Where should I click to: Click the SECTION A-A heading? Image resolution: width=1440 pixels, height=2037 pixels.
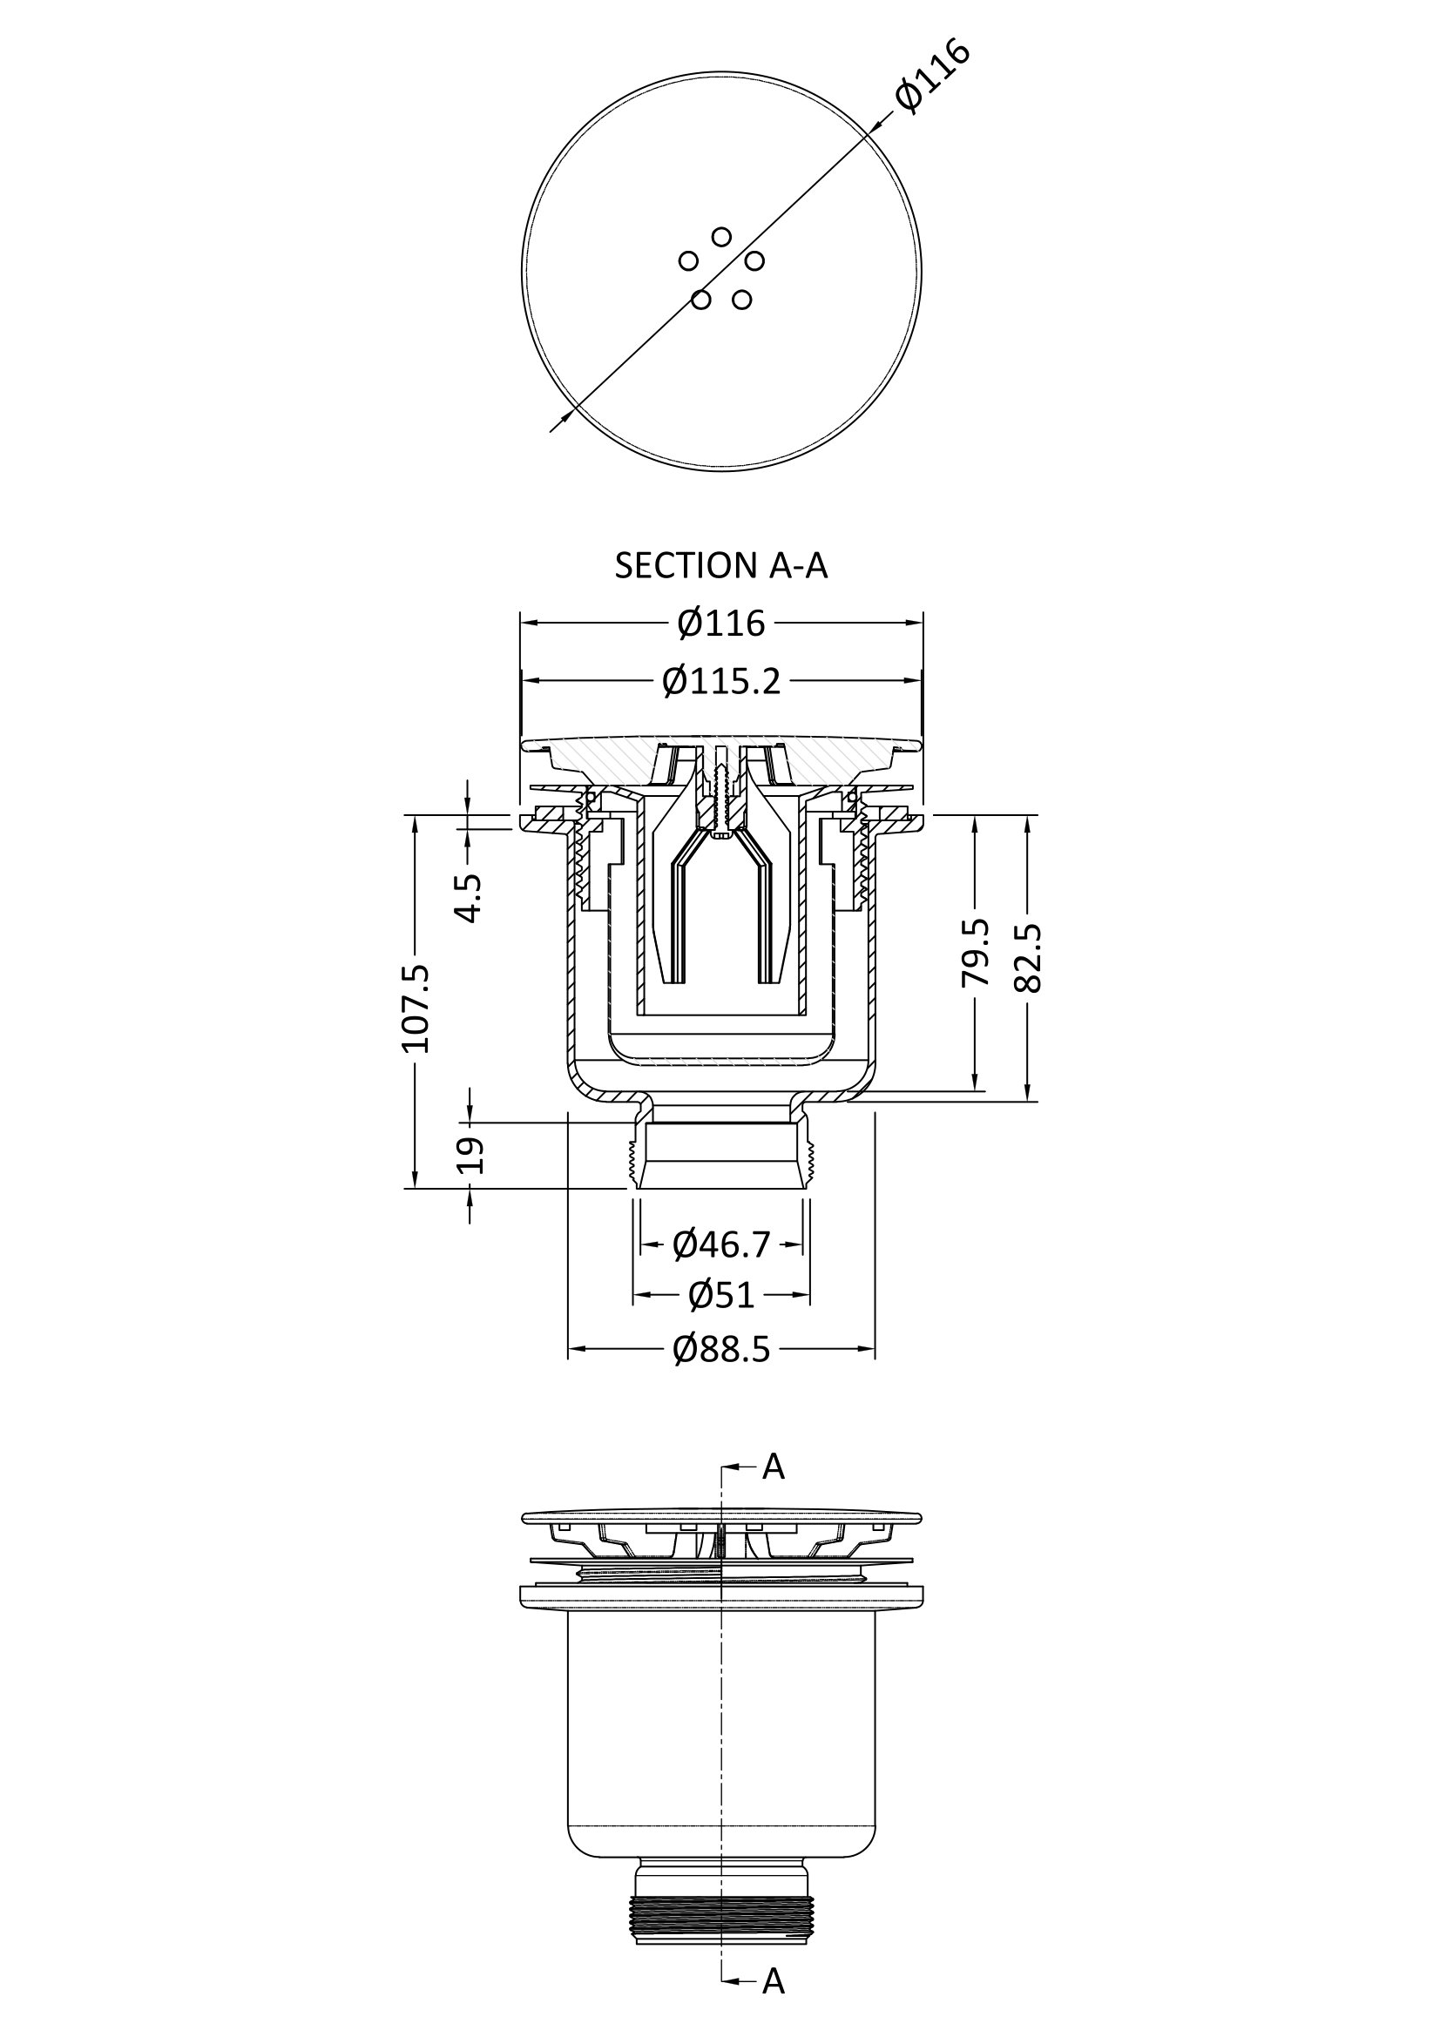click(x=721, y=565)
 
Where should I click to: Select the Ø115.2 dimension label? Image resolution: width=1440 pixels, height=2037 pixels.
click(x=721, y=681)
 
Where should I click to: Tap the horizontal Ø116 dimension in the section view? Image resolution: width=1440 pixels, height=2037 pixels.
click(x=721, y=623)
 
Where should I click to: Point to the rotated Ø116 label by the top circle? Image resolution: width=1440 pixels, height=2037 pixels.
click(x=931, y=77)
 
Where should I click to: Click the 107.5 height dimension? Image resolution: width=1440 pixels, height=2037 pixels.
click(x=416, y=1008)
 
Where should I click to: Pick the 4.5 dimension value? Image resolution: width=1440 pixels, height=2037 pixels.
click(x=470, y=899)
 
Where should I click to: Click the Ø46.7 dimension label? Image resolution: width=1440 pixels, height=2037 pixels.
click(x=721, y=1244)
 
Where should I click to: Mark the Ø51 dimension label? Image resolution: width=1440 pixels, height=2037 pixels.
click(x=721, y=1295)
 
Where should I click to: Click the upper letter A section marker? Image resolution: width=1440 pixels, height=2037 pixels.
click(x=774, y=1467)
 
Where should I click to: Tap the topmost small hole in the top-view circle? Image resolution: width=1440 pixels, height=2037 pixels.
click(x=721, y=237)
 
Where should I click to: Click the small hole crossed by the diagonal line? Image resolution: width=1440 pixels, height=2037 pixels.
click(x=701, y=300)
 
